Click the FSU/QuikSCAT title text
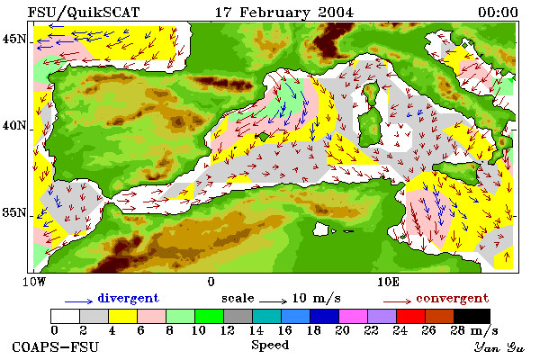[84, 13]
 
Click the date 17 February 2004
[284, 13]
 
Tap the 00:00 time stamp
[498, 13]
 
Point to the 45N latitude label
[14, 39]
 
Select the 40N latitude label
[14, 125]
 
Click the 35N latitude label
[14, 212]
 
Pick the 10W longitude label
[34, 282]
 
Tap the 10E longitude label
[389, 282]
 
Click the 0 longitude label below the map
[211, 282]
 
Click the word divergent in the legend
[128, 298]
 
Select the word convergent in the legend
[452, 298]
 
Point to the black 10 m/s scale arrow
[273, 301]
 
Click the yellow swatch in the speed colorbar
[122, 316]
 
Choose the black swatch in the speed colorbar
[472, 316]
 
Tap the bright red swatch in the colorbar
[410, 316]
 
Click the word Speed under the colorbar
[270, 346]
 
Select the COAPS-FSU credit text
[55, 346]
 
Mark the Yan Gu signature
[499, 347]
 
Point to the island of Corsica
[371, 93]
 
